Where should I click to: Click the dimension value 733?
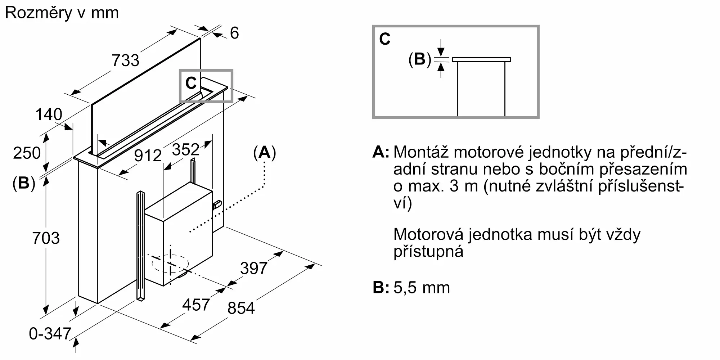point(125,60)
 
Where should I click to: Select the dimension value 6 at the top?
point(234,33)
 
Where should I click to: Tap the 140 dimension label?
point(49,114)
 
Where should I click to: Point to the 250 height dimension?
point(27,153)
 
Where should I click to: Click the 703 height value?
point(46,238)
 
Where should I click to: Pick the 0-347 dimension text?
point(50,334)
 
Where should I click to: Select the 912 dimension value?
point(148,156)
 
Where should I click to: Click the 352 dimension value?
point(185,149)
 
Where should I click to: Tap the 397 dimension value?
point(254,268)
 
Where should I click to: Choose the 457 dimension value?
point(196,305)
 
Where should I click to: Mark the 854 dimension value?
point(241,308)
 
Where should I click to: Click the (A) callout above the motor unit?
point(265,153)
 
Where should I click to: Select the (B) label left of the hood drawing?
point(24,183)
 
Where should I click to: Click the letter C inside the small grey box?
point(190,84)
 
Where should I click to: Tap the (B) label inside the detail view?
point(419,59)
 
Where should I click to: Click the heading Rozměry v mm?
point(62,13)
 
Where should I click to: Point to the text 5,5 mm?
point(422,288)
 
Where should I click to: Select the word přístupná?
point(428,251)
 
